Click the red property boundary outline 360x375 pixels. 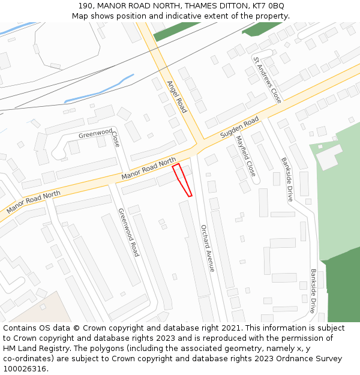(x=182, y=179)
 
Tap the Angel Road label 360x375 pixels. (x=178, y=97)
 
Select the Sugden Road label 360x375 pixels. (x=239, y=128)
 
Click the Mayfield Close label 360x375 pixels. (x=245, y=155)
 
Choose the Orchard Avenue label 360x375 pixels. (x=208, y=248)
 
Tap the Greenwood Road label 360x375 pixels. (x=128, y=232)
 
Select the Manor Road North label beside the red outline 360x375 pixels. (x=148, y=169)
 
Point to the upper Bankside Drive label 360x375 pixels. (x=287, y=179)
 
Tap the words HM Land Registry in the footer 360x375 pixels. (x=35, y=349)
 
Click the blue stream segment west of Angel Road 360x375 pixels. (x=99, y=88)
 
